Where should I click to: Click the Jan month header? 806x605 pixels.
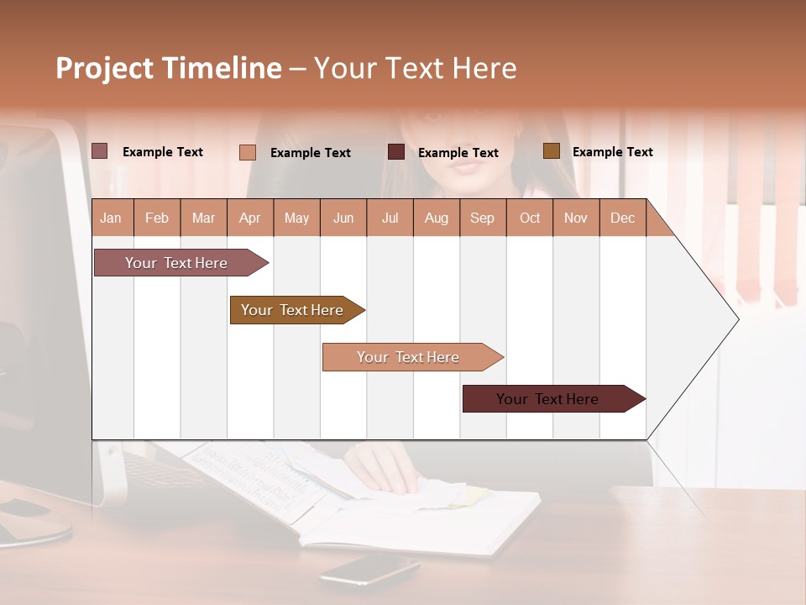point(112,218)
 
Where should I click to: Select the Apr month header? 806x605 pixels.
point(249,218)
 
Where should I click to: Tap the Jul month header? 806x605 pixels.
point(390,218)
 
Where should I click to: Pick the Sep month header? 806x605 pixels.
point(482,218)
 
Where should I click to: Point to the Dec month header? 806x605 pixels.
point(622,218)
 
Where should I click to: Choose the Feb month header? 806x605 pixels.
point(157,218)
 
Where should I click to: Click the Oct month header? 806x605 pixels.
point(530,218)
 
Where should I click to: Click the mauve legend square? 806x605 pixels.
point(99,151)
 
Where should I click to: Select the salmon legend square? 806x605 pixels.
point(247,152)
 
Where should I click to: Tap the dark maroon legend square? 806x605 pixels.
point(395,152)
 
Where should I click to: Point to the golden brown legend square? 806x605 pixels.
point(551,151)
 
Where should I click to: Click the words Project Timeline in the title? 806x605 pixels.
point(168,68)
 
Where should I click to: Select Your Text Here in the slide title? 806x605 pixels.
point(415,68)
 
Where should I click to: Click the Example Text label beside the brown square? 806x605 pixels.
point(612,152)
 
